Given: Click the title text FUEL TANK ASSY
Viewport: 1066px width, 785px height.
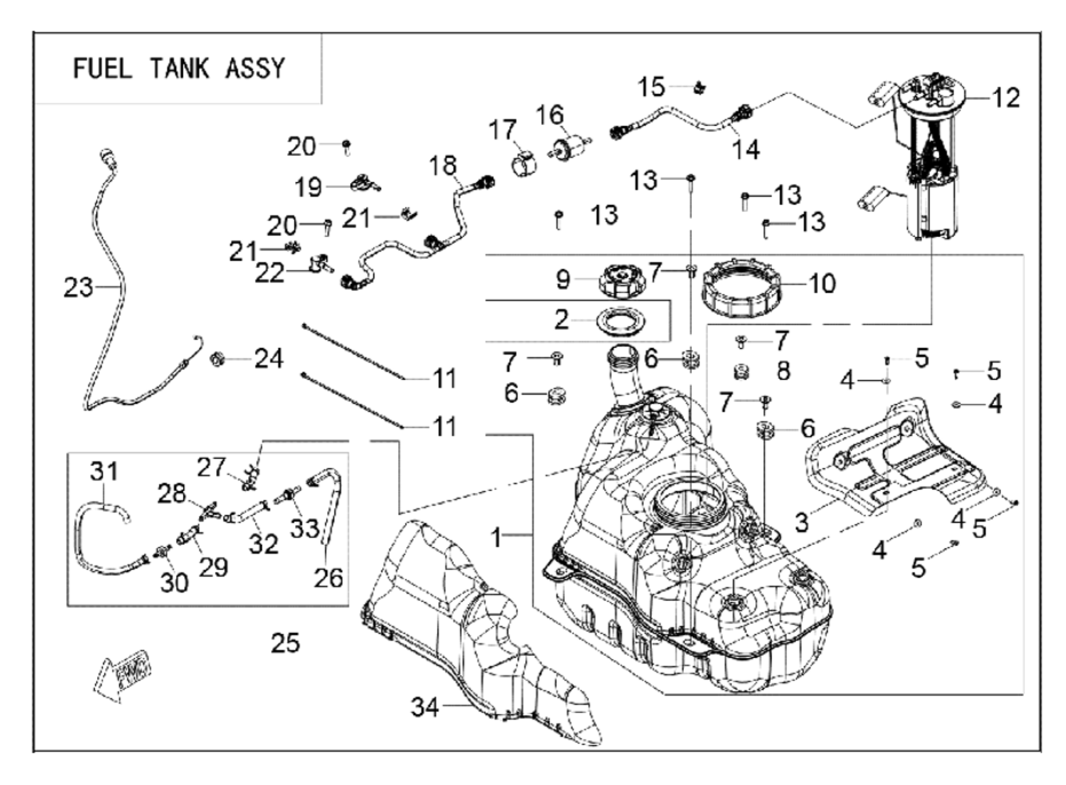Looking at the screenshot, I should [x=179, y=68].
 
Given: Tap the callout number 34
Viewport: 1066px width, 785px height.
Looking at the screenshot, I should [x=424, y=707].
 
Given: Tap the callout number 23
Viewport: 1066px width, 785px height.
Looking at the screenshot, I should [x=78, y=288].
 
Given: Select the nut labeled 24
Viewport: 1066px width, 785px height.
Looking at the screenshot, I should [x=218, y=357].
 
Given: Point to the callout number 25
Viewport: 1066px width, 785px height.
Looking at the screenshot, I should [x=285, y=643].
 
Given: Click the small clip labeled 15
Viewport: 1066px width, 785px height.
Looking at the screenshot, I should [x=699, y=88].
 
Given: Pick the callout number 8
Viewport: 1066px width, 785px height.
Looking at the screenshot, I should [x=783, y=371].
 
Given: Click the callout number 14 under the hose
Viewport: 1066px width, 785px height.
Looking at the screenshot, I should [x=746, y=150].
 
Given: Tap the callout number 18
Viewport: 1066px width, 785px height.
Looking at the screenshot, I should [x=443, y=166].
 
